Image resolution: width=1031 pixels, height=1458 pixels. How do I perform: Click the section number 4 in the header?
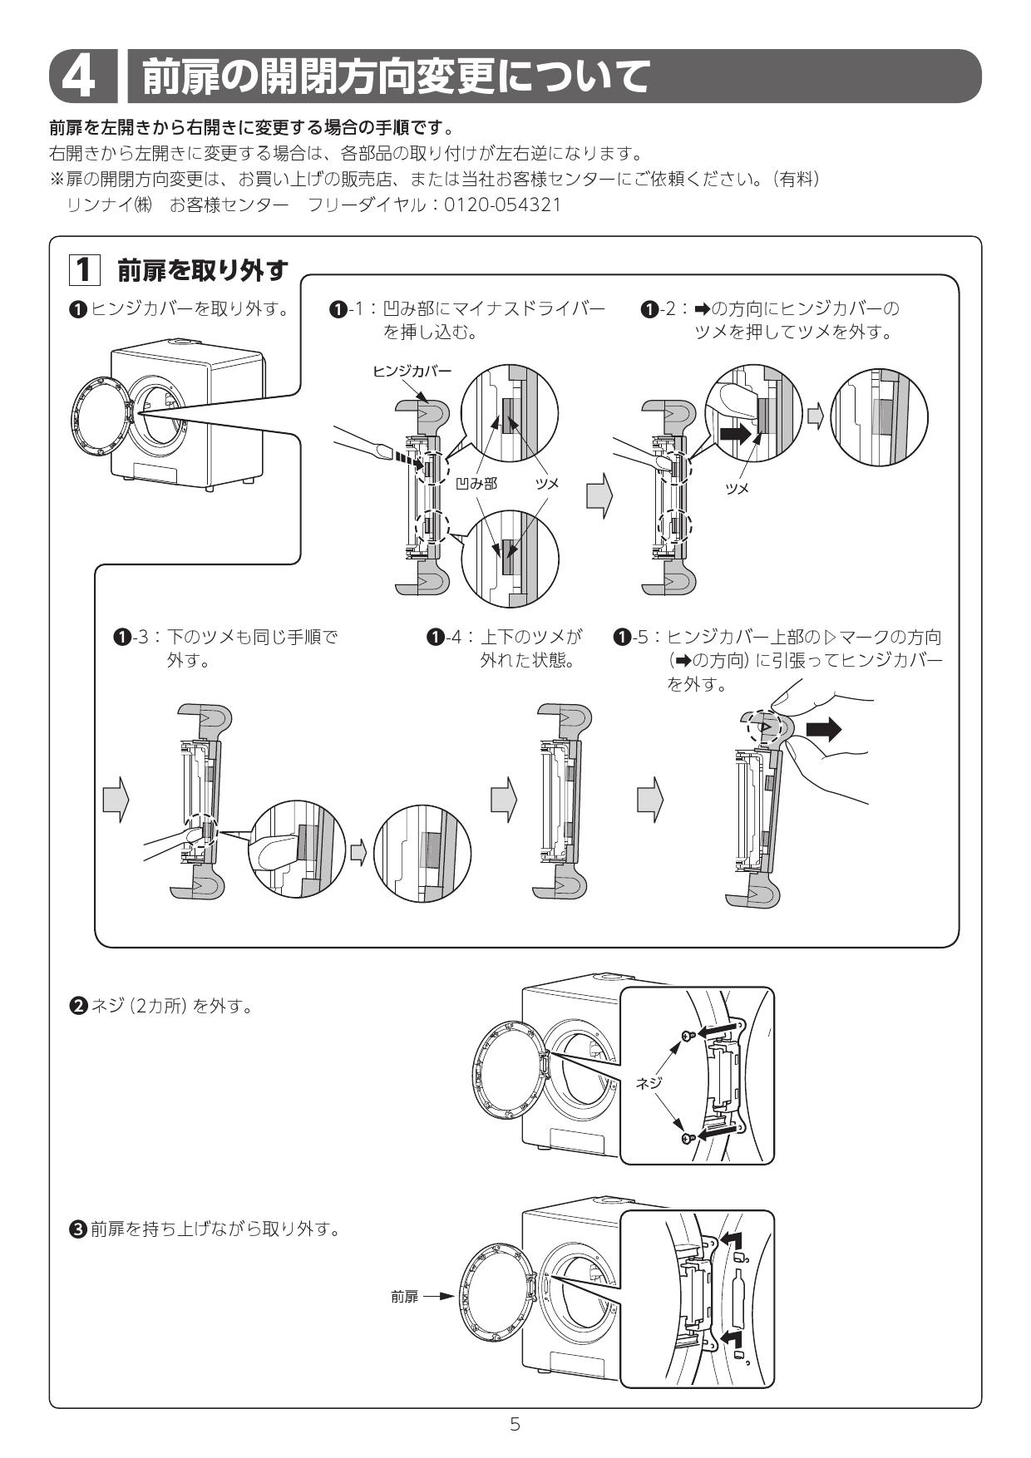click(81, 76)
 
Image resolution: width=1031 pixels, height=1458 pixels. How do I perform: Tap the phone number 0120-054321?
click(502, 204)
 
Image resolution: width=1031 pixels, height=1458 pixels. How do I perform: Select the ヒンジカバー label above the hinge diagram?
click(412, 371)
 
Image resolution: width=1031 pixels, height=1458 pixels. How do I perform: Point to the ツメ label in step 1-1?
click(546, 484)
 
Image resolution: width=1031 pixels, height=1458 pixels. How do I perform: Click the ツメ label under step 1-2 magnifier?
click(737, 489)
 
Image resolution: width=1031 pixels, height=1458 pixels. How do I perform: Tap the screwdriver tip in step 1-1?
click(384, 451)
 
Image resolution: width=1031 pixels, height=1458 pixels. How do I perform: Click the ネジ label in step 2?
click(649, 1082)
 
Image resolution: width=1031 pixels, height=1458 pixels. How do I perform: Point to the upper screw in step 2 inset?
click(688, 1036)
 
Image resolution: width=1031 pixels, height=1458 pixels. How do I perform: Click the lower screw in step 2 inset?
click(688, 1137)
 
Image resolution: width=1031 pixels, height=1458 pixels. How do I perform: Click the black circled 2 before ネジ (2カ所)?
click(77, 1006)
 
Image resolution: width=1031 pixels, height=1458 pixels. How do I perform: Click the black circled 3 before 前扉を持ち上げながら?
click(77, 1229)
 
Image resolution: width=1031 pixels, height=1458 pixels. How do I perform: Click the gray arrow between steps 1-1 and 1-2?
click(599, 498)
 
